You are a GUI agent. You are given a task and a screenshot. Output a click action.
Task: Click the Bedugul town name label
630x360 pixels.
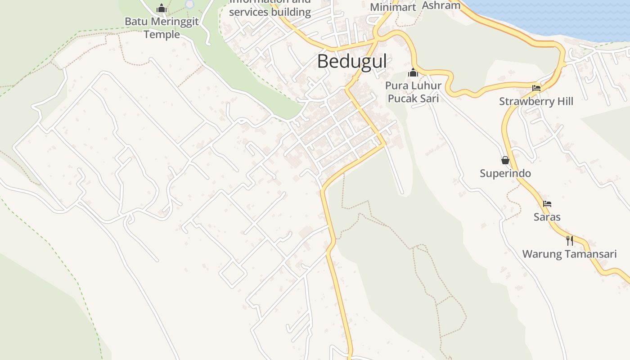coord(352,62)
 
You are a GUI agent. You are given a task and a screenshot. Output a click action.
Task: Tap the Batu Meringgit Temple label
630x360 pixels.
coord(162,28)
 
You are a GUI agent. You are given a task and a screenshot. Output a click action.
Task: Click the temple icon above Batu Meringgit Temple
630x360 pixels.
coord(162,8)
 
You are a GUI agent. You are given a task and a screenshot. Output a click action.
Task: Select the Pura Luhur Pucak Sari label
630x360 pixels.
coord(413,92)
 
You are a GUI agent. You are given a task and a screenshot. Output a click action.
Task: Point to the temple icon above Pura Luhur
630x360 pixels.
coord(413,72)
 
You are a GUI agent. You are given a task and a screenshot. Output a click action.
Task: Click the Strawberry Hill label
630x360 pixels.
coord(536,101)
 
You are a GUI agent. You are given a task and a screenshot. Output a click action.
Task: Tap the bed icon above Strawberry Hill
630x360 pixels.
coord(536,88)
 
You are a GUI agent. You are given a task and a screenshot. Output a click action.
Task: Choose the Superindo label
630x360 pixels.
coord(505,173)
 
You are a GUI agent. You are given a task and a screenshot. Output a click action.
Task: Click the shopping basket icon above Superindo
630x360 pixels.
coord(505,160)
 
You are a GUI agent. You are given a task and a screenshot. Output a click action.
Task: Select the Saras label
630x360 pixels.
coord(547,217)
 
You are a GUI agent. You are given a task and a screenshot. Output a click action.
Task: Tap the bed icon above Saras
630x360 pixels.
coord(547,204)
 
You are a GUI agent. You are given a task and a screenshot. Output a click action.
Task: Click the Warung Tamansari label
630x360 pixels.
coord(569,254)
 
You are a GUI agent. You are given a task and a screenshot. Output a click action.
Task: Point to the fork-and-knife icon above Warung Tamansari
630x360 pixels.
coord(569,240)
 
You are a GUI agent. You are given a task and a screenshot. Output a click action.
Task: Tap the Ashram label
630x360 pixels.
coord(441,5)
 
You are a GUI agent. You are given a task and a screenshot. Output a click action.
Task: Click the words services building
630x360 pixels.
coord(270,12)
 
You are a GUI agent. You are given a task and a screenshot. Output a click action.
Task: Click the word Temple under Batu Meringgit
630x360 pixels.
coord(162,35)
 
